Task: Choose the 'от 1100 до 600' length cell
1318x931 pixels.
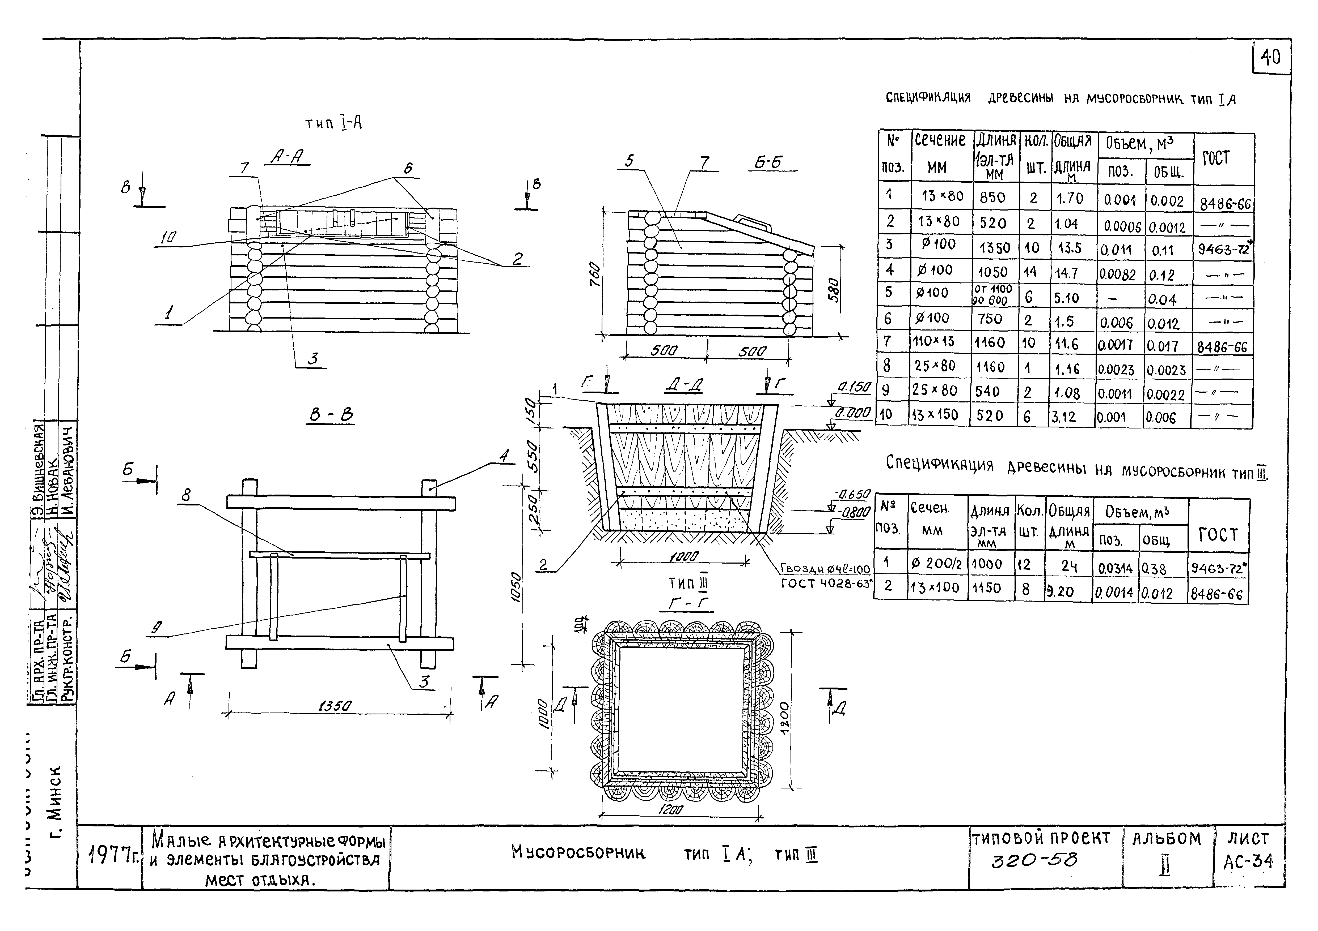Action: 992,295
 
